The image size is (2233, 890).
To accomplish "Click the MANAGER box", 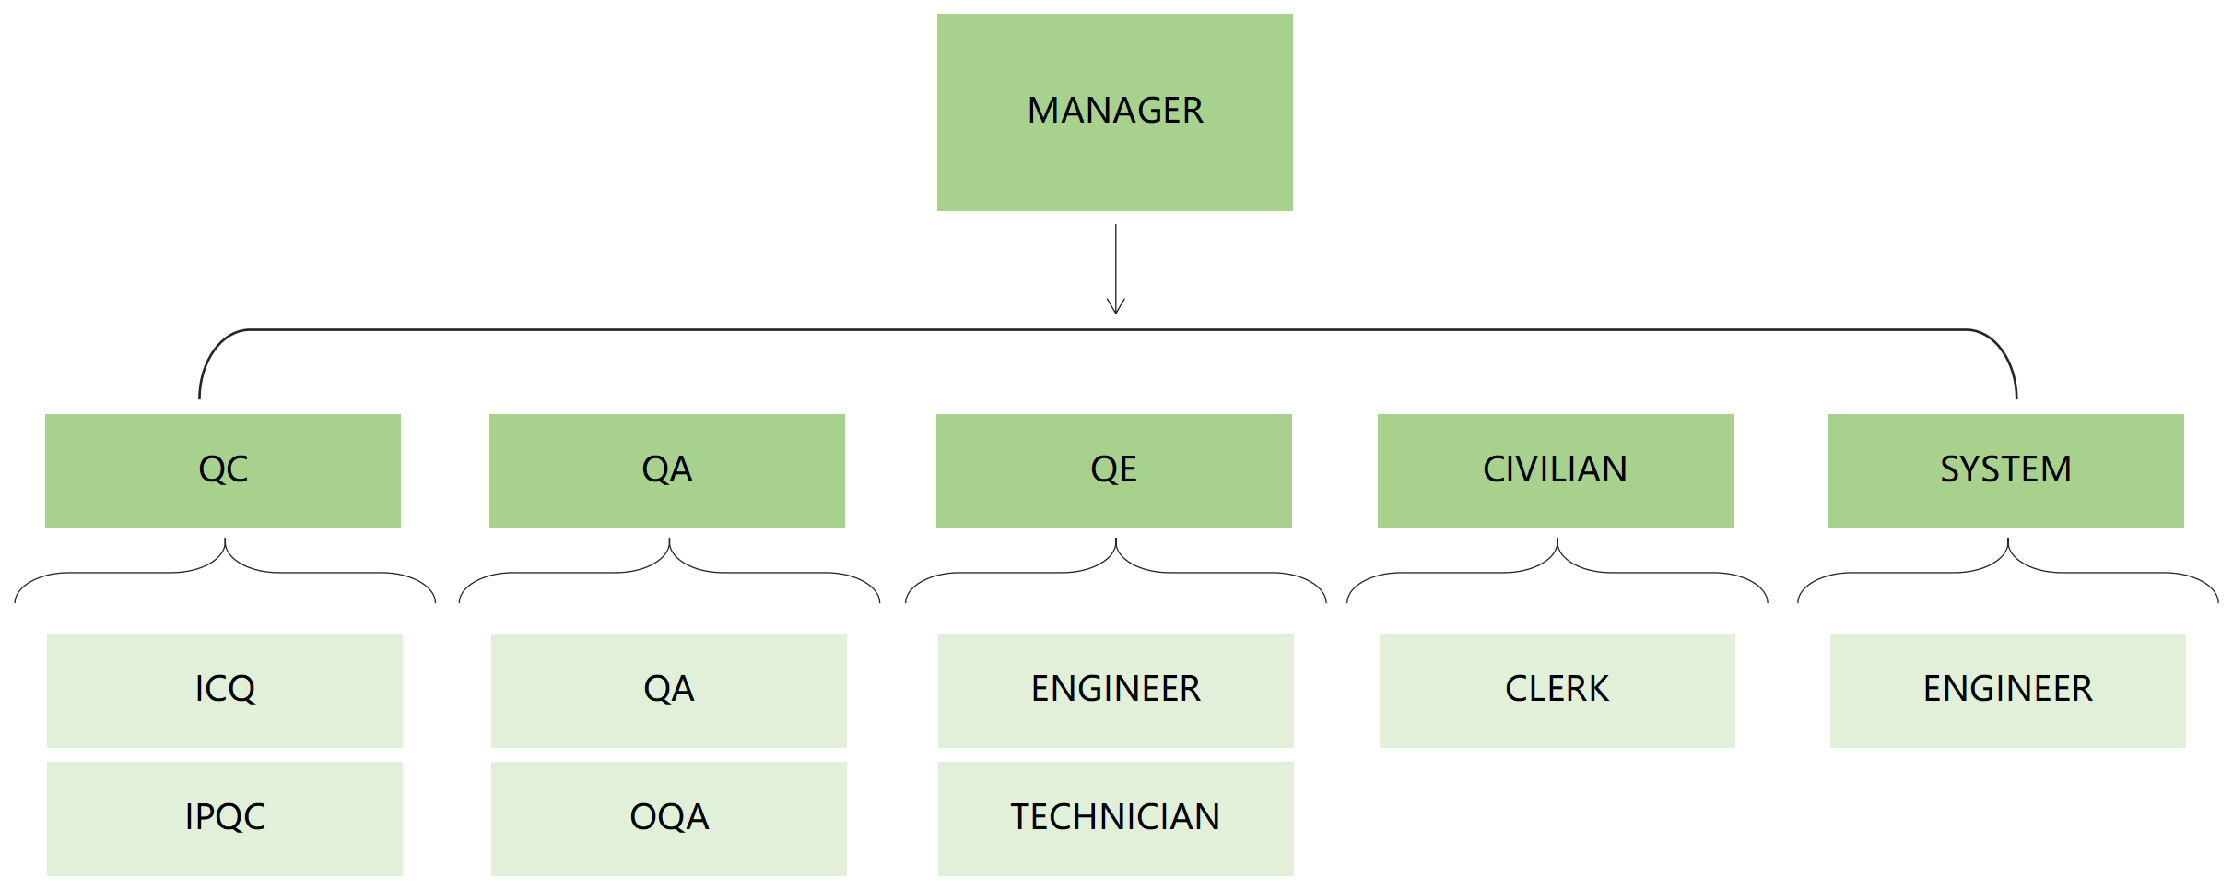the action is (1114, 113).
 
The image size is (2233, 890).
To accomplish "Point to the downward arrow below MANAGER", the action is (1115, 269).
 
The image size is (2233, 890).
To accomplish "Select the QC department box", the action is (223, 471).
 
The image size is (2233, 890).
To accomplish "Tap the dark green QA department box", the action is (667, 471).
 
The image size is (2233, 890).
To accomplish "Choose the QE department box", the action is (1114, 471).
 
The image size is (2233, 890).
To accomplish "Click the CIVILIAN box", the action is (1556, 471).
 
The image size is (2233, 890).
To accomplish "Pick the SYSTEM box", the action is (2006, 471).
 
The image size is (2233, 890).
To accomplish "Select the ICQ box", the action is (225, 691).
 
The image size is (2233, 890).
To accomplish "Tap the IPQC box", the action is (225, 819).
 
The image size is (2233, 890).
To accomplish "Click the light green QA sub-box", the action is (669, 691).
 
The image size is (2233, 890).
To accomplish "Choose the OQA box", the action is (669, 819).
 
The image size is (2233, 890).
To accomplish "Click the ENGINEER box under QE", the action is (1116, 691).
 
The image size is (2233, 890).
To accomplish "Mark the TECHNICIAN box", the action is (1116, 819).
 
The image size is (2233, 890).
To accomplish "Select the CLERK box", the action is (1557, 691).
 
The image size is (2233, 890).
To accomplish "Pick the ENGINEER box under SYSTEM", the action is (2008, 691).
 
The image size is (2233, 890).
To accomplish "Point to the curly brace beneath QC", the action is (225, 556).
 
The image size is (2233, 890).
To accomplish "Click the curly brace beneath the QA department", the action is (669, 556).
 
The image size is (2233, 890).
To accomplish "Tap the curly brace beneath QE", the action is (1116, 556).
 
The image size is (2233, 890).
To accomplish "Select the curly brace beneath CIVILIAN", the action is (1557, 556).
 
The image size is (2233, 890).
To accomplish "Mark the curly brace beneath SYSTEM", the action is (2008, 556).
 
